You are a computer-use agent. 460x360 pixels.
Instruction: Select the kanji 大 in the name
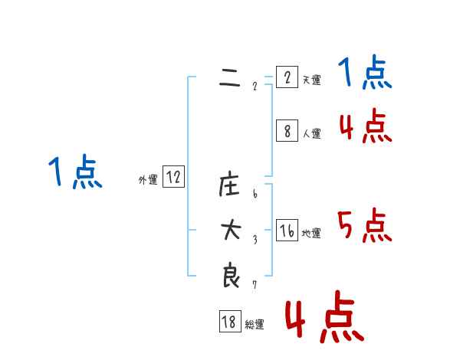pos(230,231)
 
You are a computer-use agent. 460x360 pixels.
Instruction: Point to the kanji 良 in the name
pos(230,276)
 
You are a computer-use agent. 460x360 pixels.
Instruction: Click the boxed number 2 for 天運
pos(287,78)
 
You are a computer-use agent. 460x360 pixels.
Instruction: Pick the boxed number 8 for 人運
pos(287,132)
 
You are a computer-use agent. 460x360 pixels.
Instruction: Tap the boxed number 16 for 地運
pos(287,231)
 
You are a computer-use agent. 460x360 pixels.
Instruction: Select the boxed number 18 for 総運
pos(229,322)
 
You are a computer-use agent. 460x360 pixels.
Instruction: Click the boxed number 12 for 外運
pos(173,178)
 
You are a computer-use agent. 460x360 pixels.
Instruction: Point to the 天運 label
pos(311,80)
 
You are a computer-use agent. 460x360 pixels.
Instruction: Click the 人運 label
pos(311,133)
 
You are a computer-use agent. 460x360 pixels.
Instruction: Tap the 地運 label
pos(311,233)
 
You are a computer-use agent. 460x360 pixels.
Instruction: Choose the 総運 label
pos(255,324)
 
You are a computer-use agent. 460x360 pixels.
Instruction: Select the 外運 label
pos(148,180)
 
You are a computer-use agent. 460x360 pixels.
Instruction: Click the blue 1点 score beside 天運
pos(365,74)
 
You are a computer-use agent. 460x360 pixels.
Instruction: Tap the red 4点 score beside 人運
pos(365,126)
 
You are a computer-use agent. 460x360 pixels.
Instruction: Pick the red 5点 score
pos(365,226)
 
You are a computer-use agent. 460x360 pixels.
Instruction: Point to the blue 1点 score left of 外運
pos(75,172)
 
